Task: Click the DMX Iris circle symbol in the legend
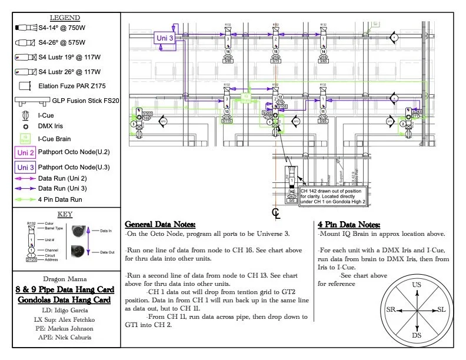click(25, 126)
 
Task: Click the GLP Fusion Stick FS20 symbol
click(25, 101)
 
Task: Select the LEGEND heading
click(65, 18)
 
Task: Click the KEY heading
click(65, 214)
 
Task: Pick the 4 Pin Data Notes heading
click(348, 225)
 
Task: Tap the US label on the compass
click(417, 285)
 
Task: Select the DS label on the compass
click(417, 335)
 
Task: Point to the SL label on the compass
click(443, 309)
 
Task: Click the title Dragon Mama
click(65, 280)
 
